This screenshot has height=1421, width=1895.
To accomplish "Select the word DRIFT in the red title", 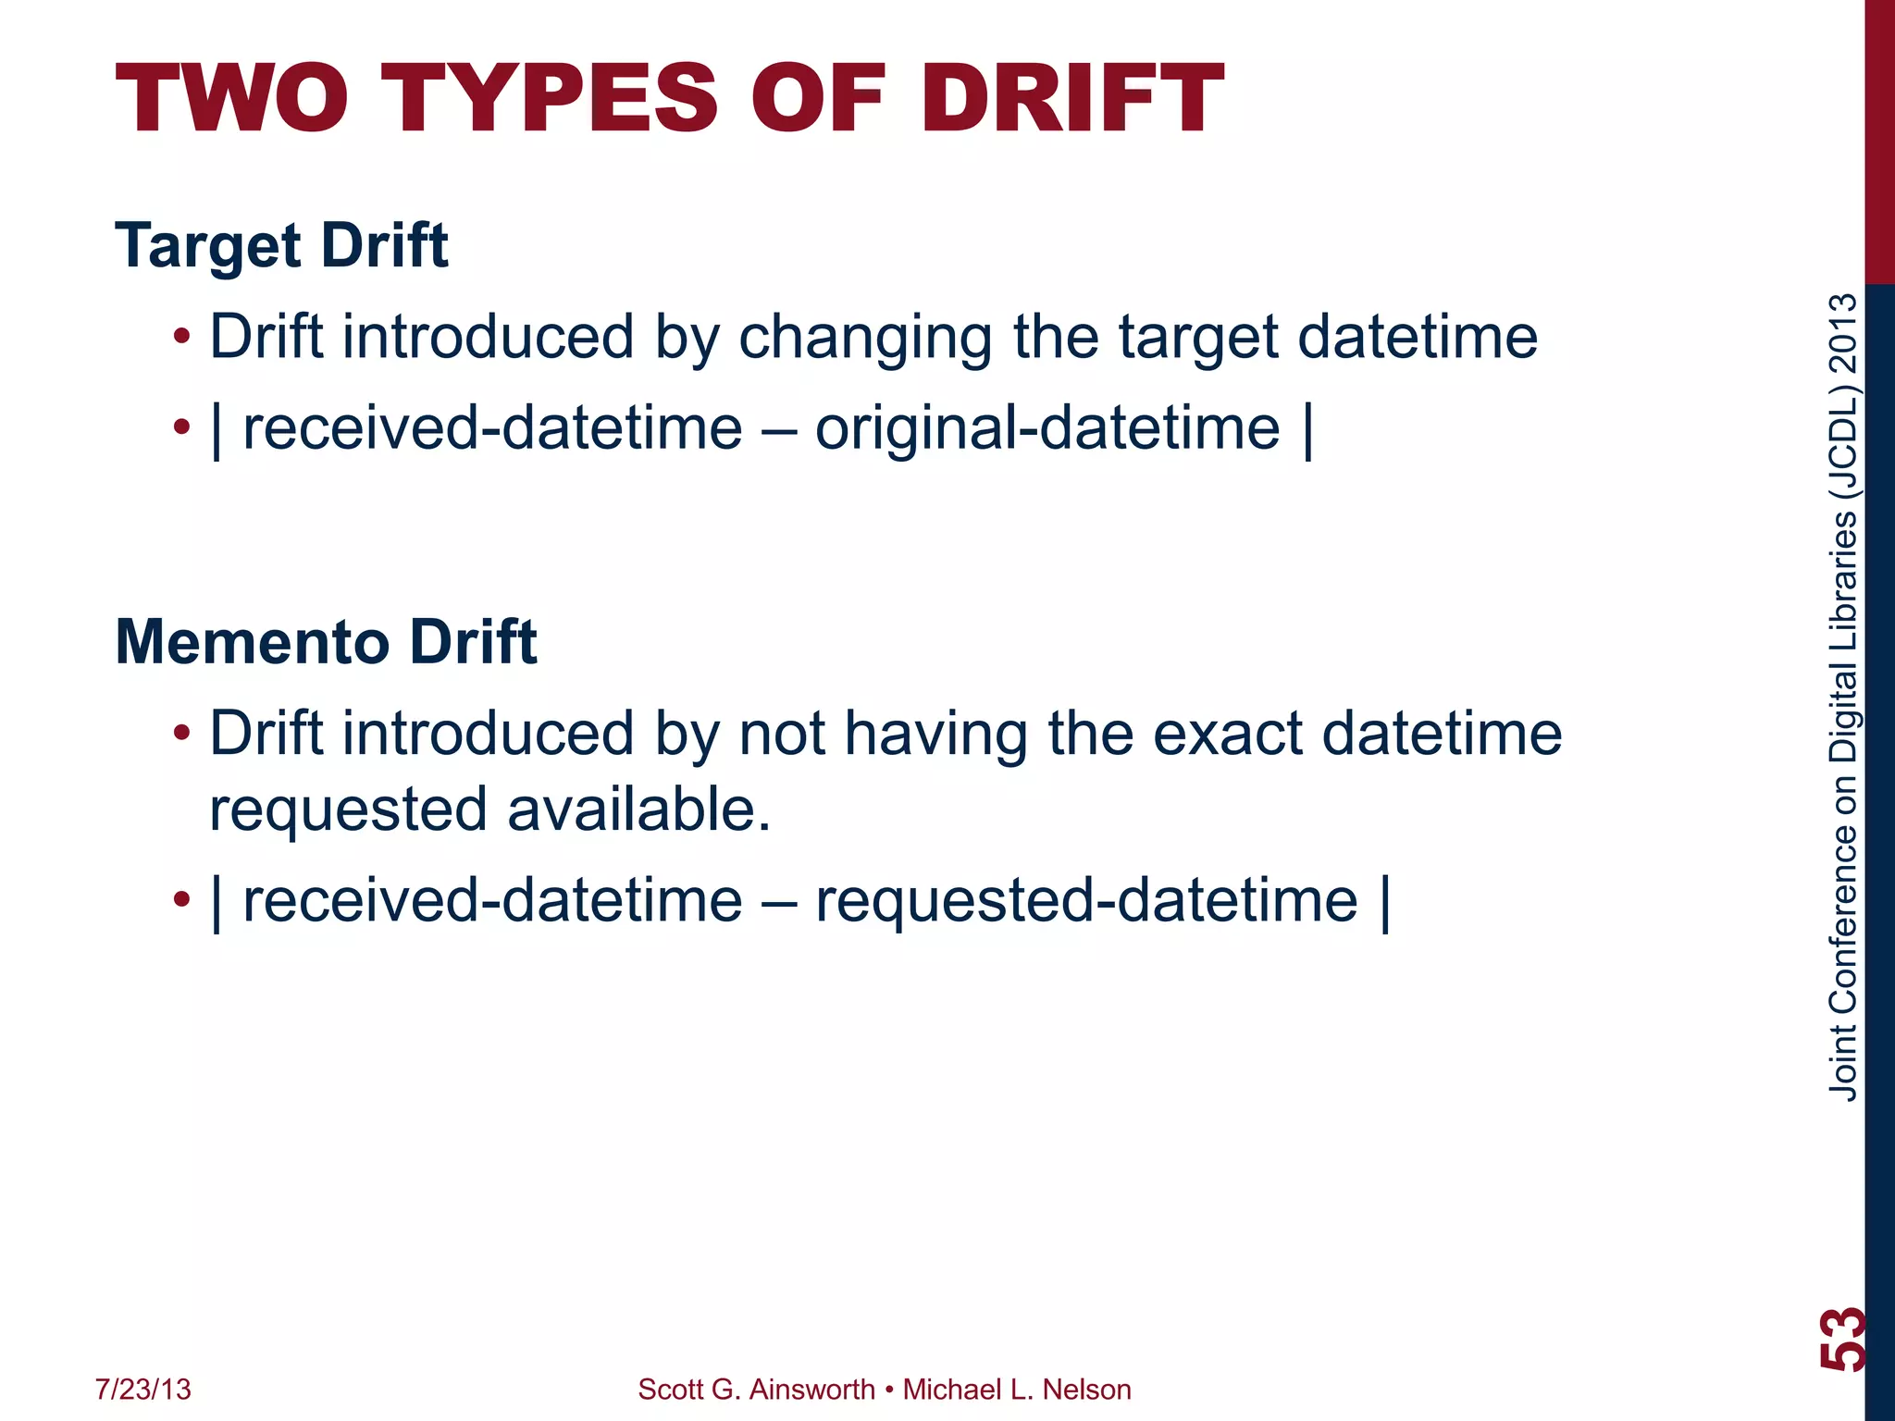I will coord(1071,100).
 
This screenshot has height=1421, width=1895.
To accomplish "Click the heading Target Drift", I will coord(281,246).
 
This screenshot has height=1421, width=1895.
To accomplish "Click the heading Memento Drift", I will coord(326,642).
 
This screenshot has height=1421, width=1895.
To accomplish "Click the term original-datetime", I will coord(1047,429).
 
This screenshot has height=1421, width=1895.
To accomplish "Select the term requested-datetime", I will coord(1085,901).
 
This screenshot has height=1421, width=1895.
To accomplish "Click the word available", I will coord(638,810).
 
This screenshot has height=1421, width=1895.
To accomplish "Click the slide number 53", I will coord(1841,1339).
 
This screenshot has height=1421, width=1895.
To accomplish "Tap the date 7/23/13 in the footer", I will coord(143,1390).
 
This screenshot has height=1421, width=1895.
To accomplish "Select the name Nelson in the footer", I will coord(1086,1390).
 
